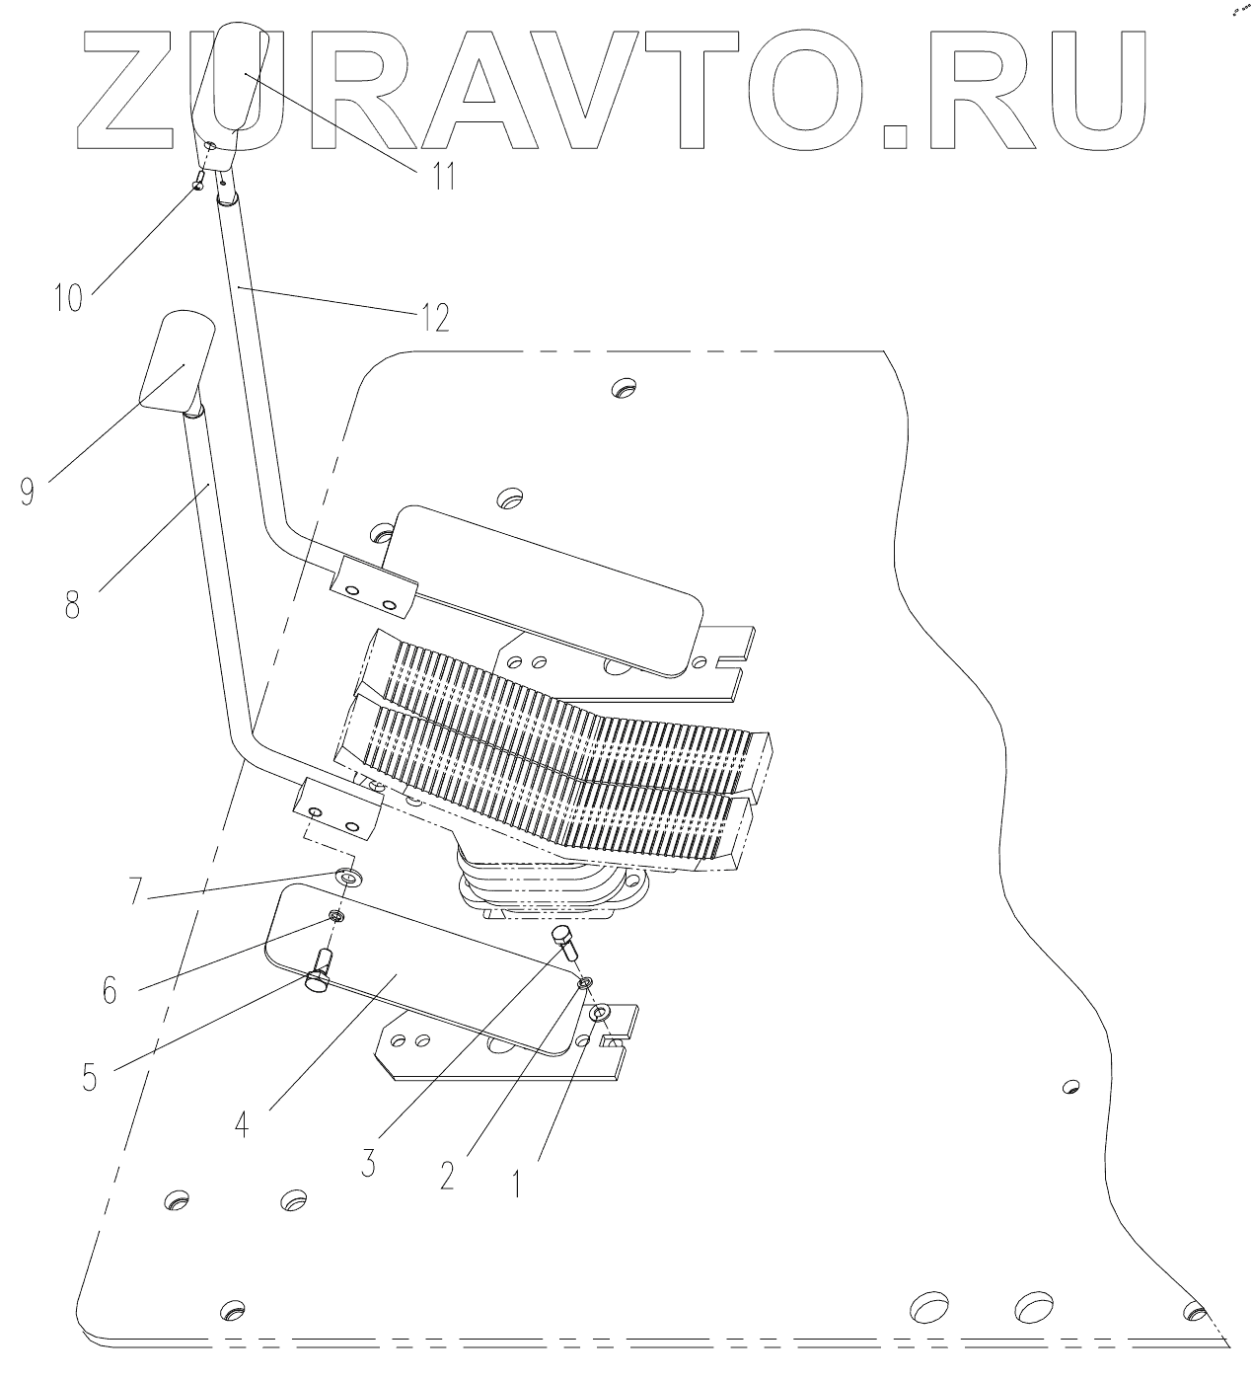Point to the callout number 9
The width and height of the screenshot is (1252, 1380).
click(29, 491)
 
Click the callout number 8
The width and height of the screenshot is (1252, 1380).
click(72, 603)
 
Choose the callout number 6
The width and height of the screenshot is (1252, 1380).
click(109, 988)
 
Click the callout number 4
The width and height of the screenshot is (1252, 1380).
click(243, 1122)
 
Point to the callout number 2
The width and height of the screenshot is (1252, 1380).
click(447, 1175)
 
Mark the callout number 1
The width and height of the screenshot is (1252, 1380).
click(516, 1181)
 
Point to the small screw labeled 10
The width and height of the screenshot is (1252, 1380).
click(198, 181)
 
